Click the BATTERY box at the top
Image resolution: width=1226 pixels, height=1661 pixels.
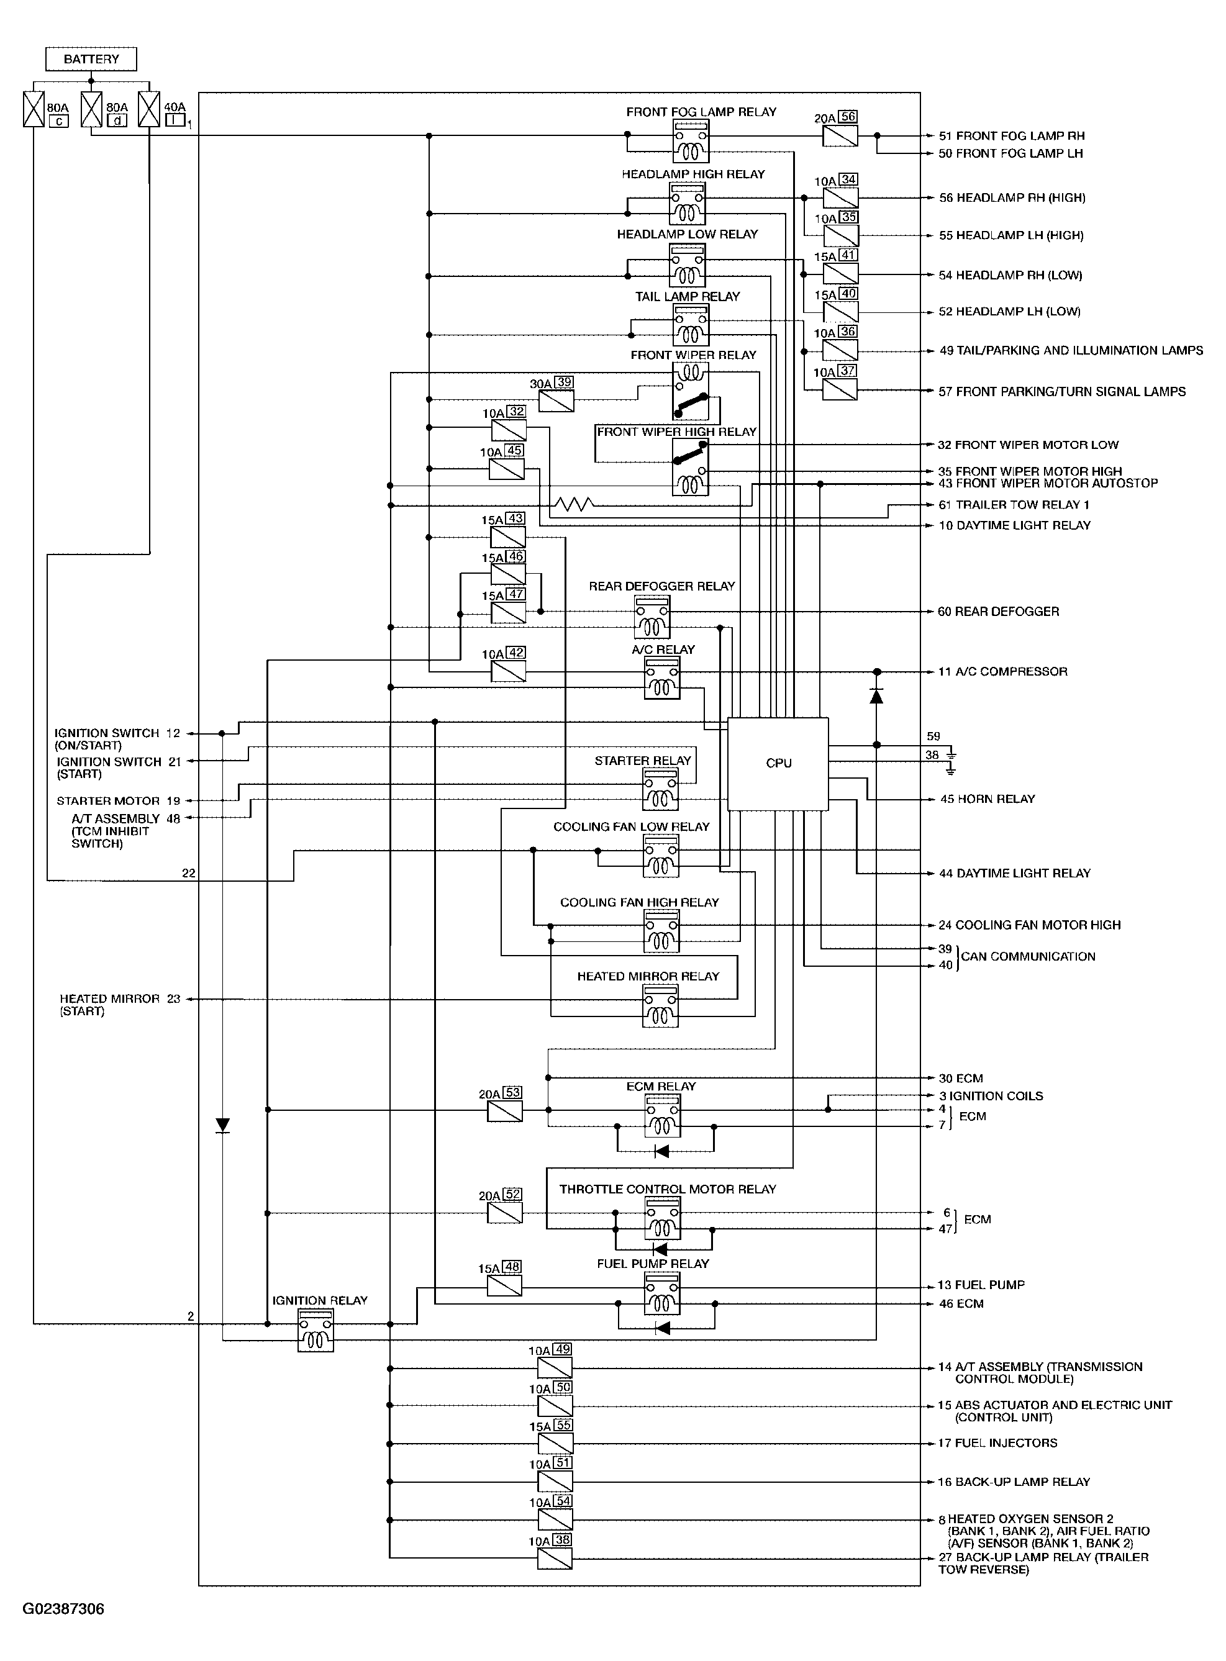[91, 58]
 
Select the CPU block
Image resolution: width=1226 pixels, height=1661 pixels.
[778, 763]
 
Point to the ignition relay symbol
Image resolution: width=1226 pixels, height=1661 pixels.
[316, 1330]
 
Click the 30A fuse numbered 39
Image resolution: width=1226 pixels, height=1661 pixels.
[556, 401]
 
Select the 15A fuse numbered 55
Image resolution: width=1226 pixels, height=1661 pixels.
[555, 1443]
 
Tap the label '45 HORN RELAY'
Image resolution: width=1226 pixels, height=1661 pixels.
[987, 799]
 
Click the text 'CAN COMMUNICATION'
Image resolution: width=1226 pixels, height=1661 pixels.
[1028, 956]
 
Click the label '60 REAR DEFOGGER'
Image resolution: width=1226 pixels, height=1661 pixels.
[998, 611]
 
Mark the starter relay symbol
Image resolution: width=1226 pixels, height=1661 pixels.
[660, 789]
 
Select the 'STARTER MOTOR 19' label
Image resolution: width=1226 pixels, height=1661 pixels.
[119, 801]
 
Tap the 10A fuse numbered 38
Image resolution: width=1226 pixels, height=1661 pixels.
[555, 1558]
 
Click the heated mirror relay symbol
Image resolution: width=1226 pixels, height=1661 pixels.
[660, 1006]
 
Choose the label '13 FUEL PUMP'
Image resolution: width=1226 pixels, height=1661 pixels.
[981, 1285]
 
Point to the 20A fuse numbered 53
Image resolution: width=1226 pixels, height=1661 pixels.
[505, 1111]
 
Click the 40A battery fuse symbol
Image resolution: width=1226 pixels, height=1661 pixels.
[149, 109]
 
